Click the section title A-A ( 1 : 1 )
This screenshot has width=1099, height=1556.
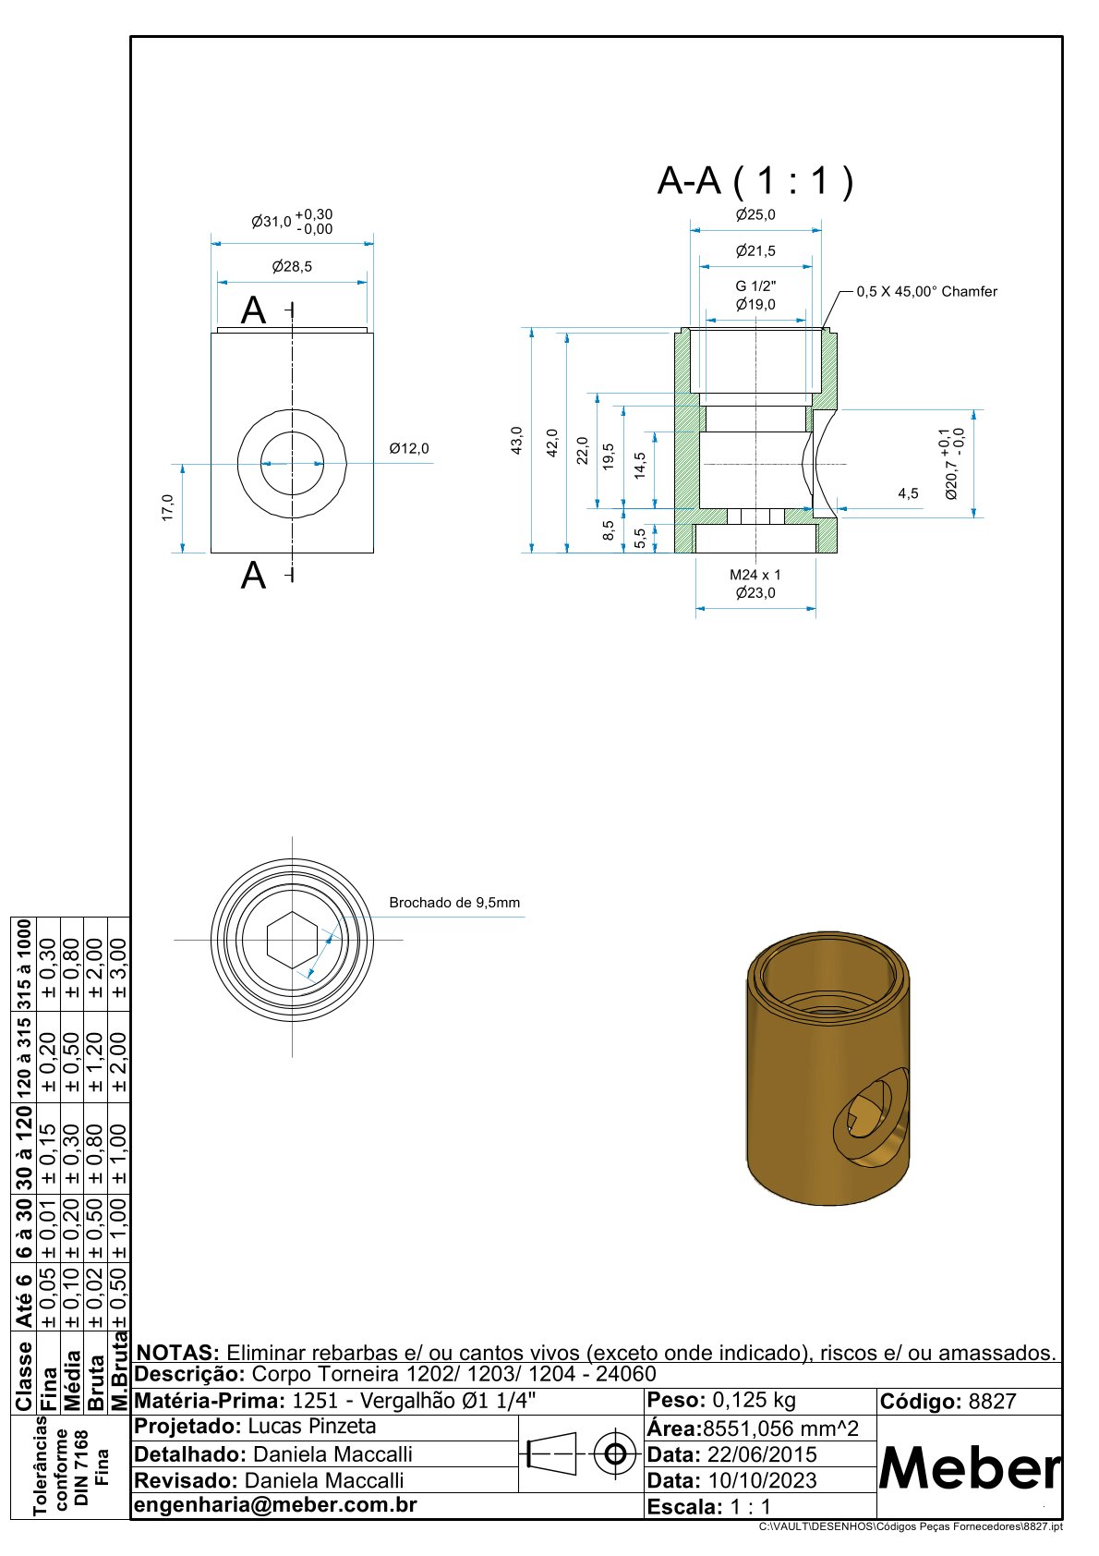tap(755, 180)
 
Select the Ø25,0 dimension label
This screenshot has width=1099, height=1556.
tap(755, 214)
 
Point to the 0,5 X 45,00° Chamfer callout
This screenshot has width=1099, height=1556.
tap(926, 292)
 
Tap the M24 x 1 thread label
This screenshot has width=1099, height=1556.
tap(755, 575)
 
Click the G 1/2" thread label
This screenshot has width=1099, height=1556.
tap(755, 286)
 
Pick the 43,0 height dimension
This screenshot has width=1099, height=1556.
tap(516, 441)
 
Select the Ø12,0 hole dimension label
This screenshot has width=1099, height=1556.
tap(409, 448)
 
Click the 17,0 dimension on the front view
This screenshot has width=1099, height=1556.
tap(167, 508)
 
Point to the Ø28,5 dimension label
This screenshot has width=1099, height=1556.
tap(292, 266)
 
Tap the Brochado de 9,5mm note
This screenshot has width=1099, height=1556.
tap(454, 903)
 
